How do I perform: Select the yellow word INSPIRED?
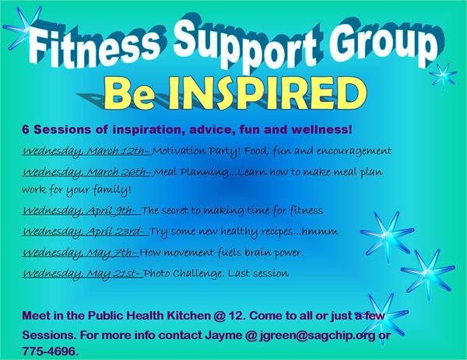pyautogui.click(x=267, y=93)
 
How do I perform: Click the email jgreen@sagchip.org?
pyautogui.click(x=318, y=335)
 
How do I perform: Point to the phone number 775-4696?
pyautogui.click(x=50, y=351)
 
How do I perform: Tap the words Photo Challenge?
pyautogui.click(x=183, y=274)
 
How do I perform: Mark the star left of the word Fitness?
pyautogui.click(x=23, y=28)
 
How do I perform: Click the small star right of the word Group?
pyautogui.click(x=443, y=75)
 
